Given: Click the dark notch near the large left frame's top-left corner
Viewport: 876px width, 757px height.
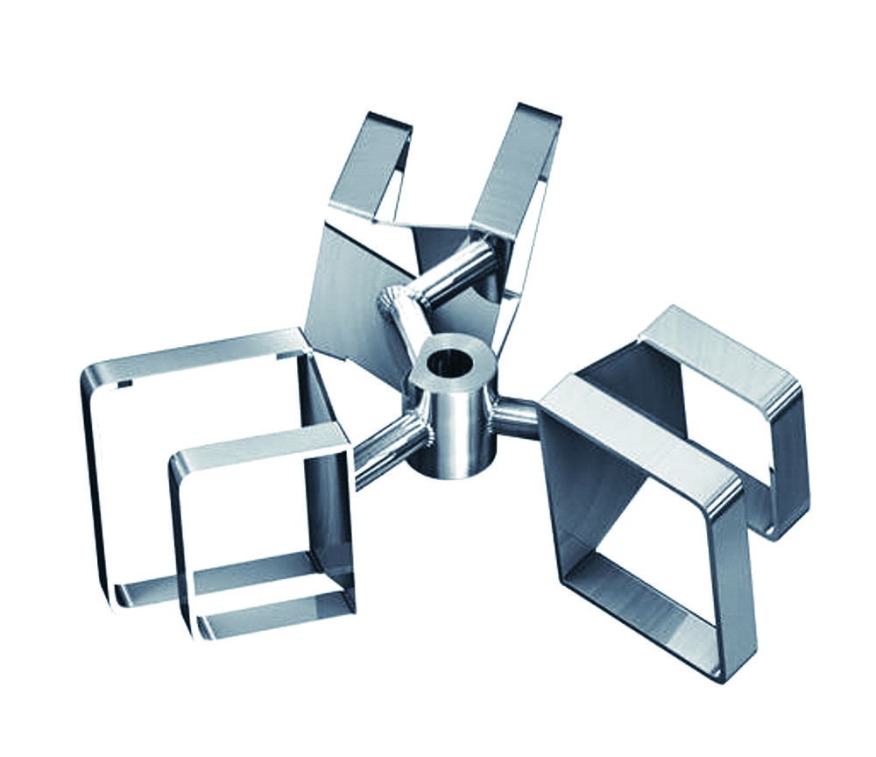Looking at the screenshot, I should coord(124,383).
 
